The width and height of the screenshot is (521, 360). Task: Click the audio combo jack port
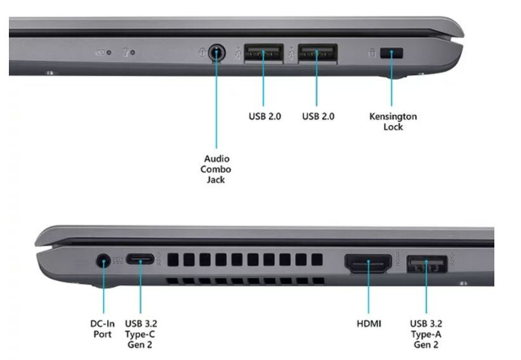[x=216, y=53]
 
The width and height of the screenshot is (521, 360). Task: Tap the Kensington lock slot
[x=392, y=53]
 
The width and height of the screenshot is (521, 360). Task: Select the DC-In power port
[x=103, y=260]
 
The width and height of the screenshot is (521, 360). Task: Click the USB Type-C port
[x=140, y=258]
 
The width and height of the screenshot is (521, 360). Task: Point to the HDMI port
[x=368, y=263]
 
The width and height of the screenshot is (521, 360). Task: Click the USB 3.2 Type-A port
[x=426, y=264]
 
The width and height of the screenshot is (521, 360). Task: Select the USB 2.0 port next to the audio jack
[x=263, y=53]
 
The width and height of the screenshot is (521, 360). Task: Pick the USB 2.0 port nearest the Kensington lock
[x=317, y=53]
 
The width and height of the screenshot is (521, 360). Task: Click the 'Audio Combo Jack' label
[x=216, y=169]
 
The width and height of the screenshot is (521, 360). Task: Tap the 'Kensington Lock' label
[x=393, y=121]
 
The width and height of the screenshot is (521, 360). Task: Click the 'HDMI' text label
[x=369, y=323]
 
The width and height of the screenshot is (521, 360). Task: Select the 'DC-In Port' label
[x=102, y=329]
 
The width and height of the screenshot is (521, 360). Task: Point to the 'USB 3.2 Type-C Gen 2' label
[x=141, y=334]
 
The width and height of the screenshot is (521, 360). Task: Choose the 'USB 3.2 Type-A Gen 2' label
[x=426, y=334]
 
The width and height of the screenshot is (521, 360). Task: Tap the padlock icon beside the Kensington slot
[x=373, y=53]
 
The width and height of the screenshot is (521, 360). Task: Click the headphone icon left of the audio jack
[x=202, y=52]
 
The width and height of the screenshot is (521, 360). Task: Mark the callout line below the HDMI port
[x=369, y=287]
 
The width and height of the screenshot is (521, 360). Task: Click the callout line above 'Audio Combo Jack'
[x=216, y=100]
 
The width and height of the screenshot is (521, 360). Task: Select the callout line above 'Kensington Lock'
[x=392, y=79]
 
